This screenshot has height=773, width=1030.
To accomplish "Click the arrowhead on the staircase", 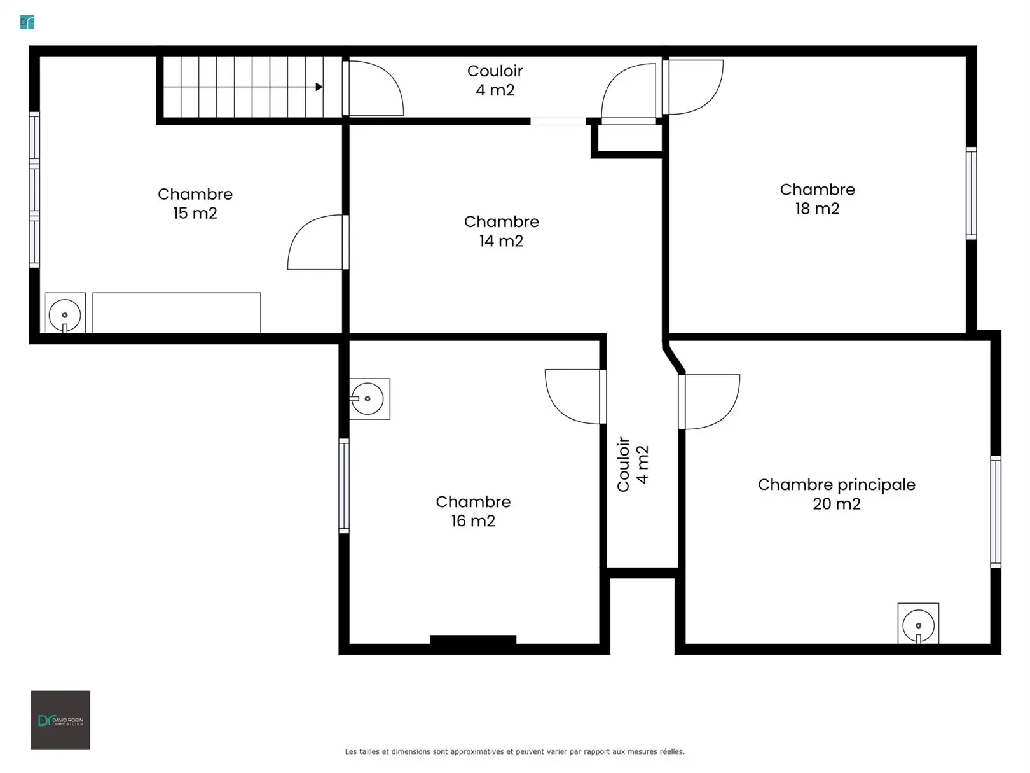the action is (x=319, y=87).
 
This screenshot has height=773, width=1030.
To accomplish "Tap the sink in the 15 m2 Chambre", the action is (x=65, y=313).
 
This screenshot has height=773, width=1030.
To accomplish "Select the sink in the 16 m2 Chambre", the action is (x=370, y=398).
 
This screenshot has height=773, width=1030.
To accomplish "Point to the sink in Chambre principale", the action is (x=918, y=623).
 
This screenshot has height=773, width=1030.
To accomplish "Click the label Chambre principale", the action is (x=836, y=485).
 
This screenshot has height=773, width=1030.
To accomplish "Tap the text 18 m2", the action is (x=817, y=209).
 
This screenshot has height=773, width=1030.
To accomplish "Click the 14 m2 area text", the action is (x=501, y=240).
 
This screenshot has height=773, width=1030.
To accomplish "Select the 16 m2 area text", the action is (x=473, y=520).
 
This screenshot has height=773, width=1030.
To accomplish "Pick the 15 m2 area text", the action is (x=195, y=213).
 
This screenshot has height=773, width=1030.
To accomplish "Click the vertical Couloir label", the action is (x=622, y=464).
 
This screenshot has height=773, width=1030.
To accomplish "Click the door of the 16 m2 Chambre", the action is (x=575, y=396).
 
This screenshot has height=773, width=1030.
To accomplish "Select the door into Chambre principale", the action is (x=709, y=401).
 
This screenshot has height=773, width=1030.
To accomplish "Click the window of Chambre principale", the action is (x=996, y=512).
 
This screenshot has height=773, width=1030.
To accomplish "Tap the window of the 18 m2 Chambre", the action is (x=972, y=193).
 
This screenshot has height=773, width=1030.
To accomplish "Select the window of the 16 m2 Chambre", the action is (x=344, y=486).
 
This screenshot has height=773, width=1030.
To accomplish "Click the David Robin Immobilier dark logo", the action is (x=60, y=720).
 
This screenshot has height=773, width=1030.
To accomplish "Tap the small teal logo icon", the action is (x=27, y=22).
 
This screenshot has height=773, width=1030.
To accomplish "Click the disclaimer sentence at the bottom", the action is (x=515, y=751).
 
